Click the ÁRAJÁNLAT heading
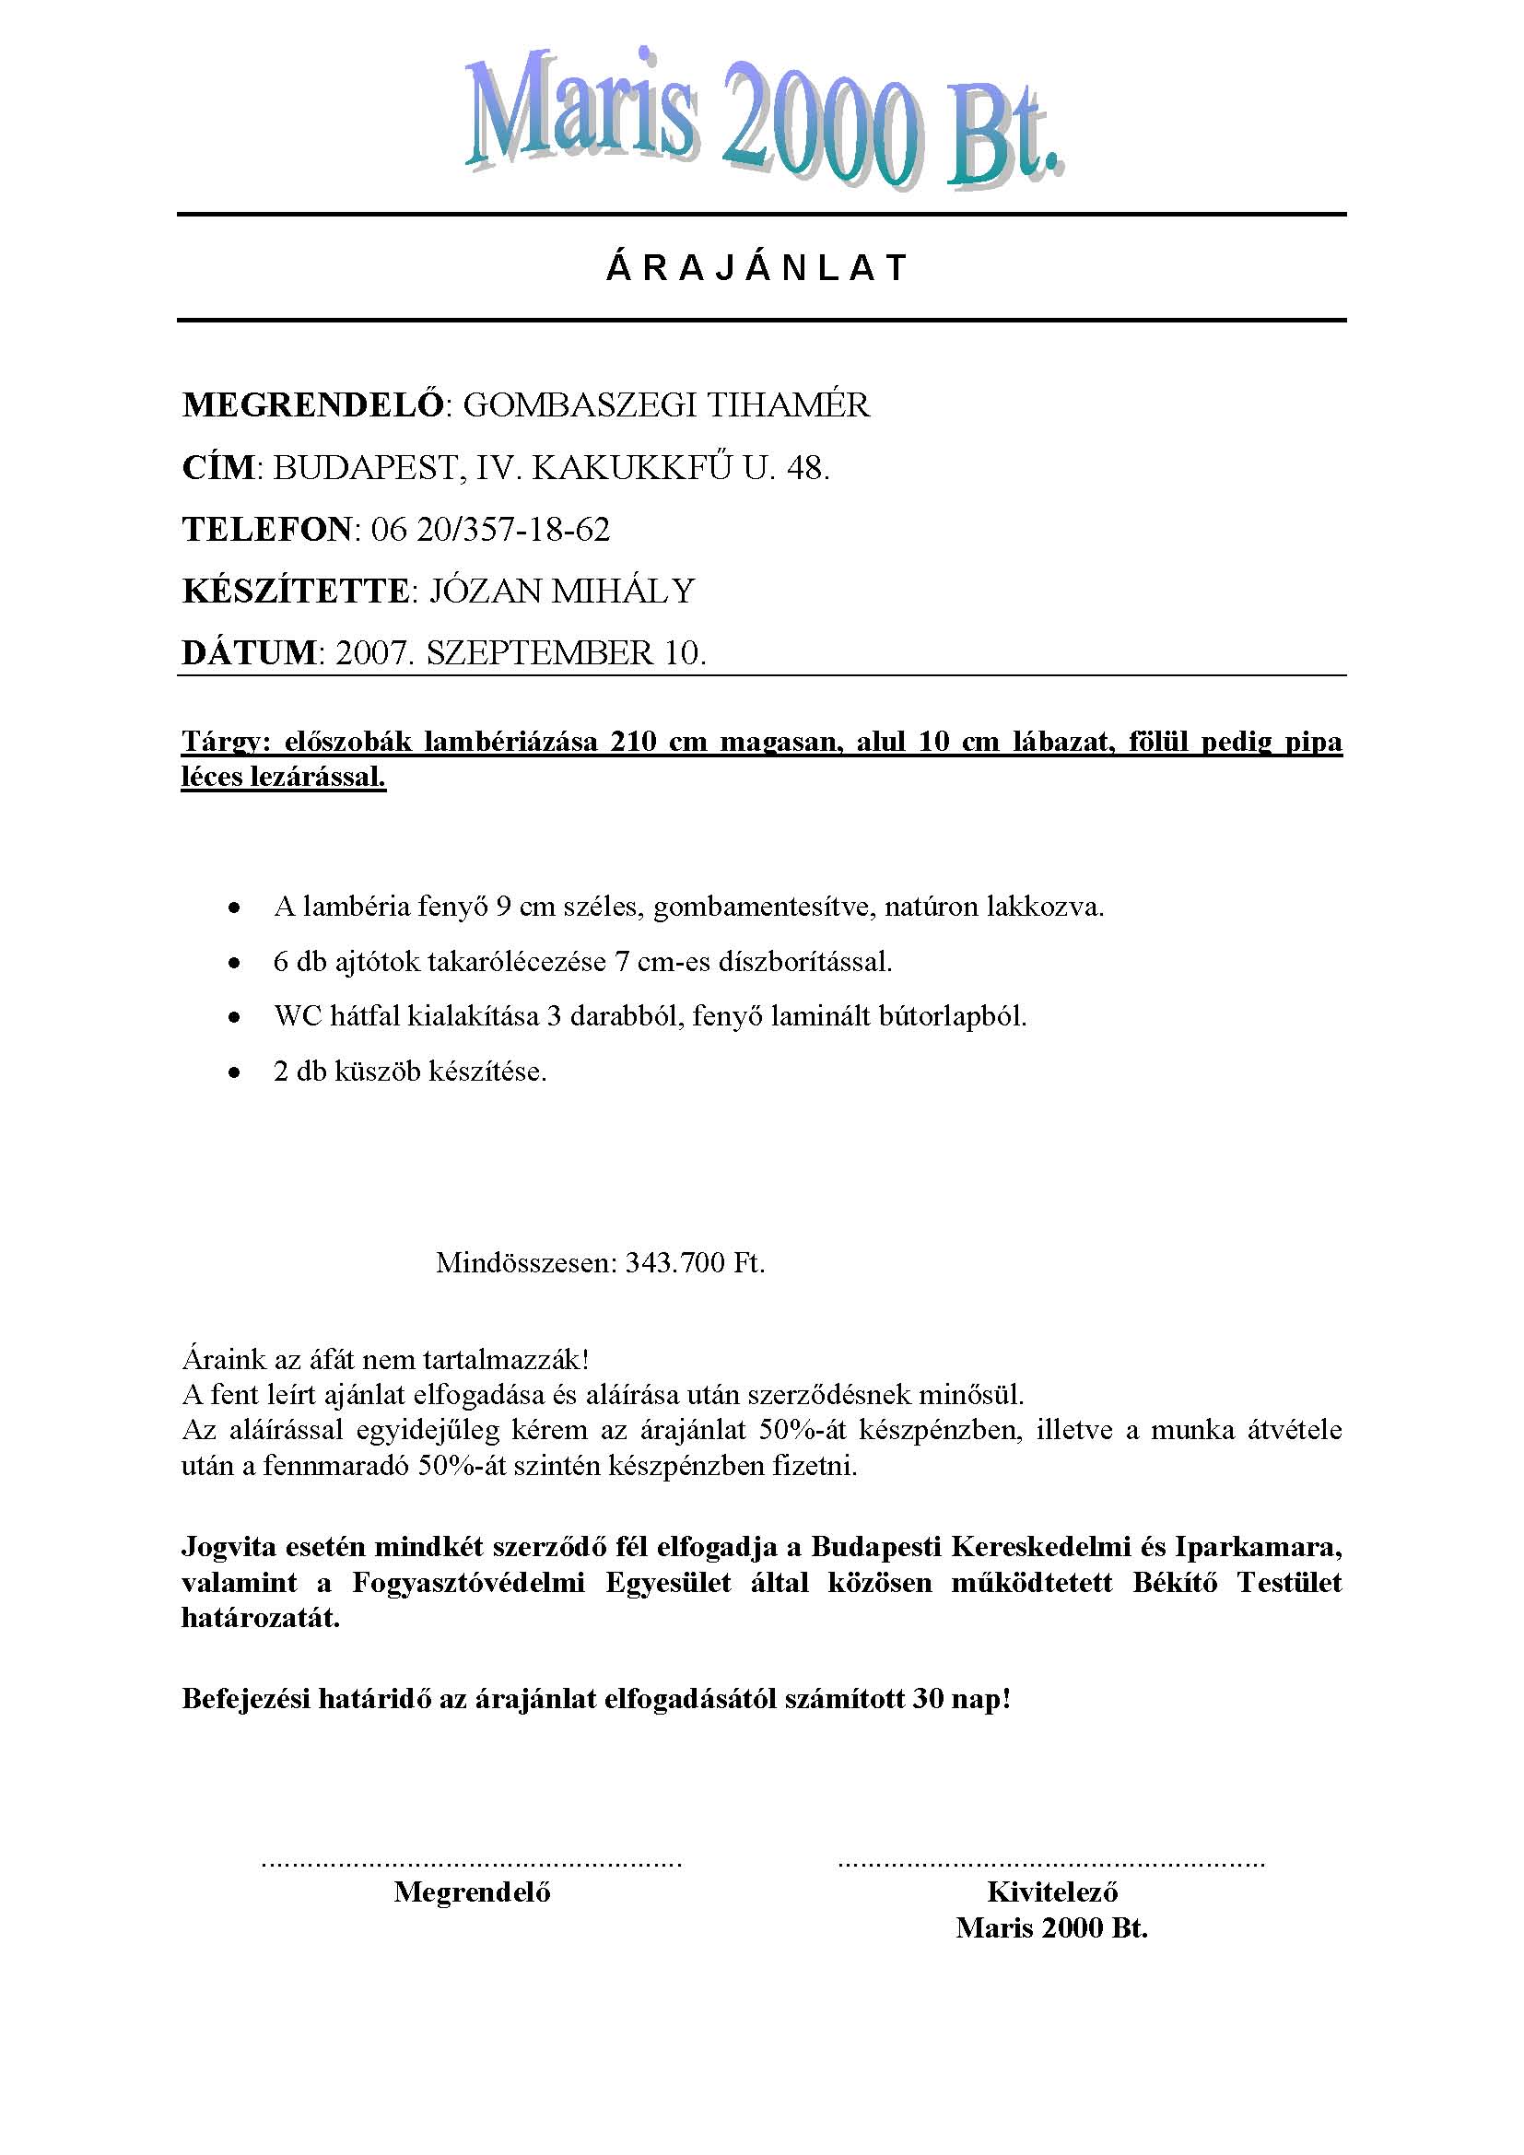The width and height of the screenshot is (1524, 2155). pos(756,268)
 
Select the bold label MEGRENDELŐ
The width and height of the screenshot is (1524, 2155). pos(312,405)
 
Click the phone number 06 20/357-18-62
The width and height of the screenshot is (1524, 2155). pos(491,531)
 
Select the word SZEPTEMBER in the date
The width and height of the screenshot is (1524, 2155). pos(541,653)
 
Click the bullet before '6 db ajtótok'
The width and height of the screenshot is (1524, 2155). pos(234,963)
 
